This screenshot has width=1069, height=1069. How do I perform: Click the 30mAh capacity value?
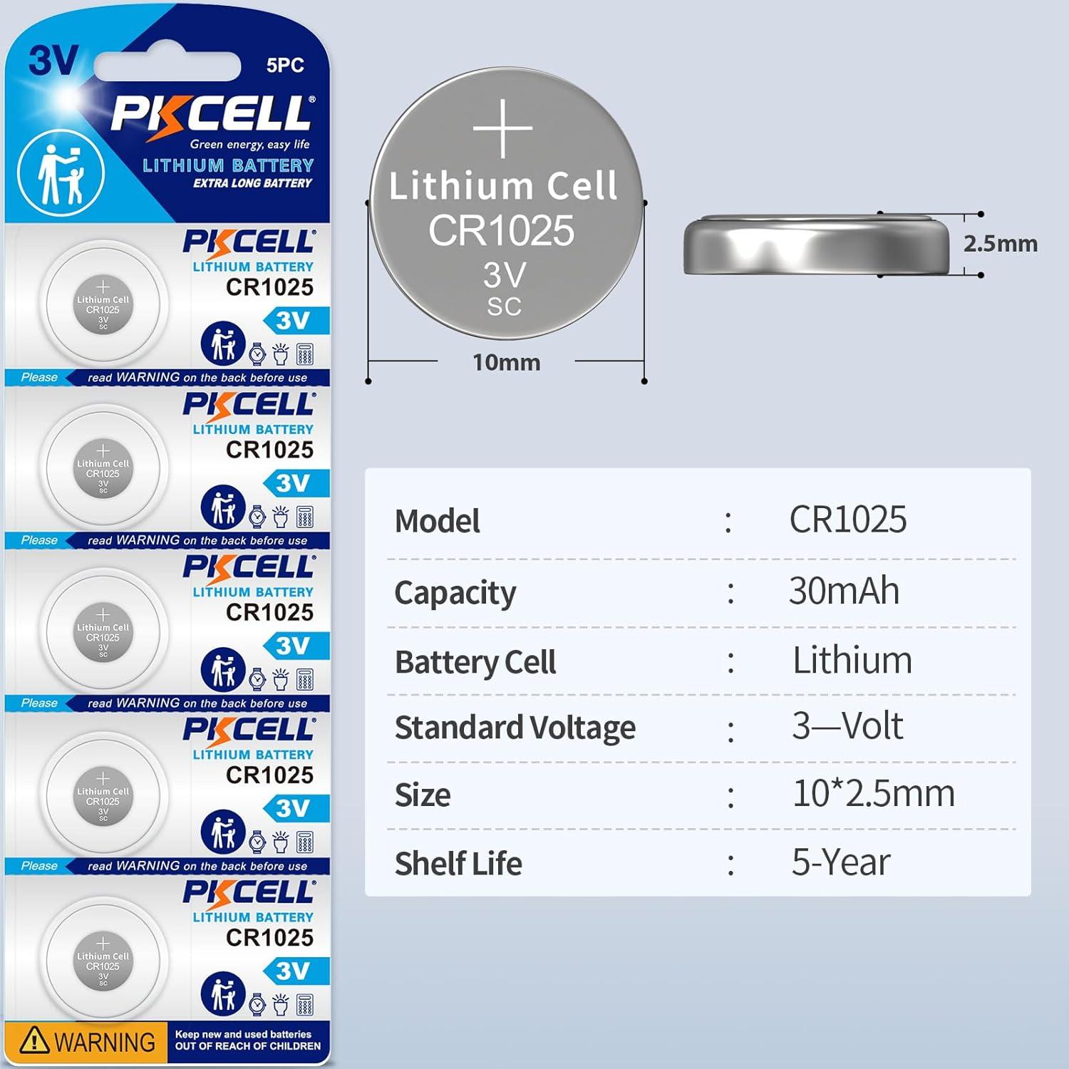pyautogui.click(x=844, y=591)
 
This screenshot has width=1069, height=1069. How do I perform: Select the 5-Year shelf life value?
pyautogui.click(x=841, y=862)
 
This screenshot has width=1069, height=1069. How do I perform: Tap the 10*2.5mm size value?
pyautogui.click(x=873, y=793)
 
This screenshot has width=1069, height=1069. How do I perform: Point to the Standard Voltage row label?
pyautogui.click(x=515, y=728)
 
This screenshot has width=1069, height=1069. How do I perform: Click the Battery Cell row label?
pyautogui.click(x=475, y=662)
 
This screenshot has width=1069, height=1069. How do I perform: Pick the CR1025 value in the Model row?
pyautogui.click(x=847, y=520)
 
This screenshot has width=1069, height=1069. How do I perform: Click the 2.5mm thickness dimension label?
pyautogui.click(x=1000, y=244)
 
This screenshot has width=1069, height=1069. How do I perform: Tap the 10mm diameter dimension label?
pyautogui.click(x=506, y=362)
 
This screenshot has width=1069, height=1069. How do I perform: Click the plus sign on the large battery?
pyautogui.click(x=503, y=128)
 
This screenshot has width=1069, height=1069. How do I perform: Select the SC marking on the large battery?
pyautogui.click(x=504, y=306)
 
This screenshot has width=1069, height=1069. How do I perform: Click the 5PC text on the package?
pyautogui.click(x=285, y=66)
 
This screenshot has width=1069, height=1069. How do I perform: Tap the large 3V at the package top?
pyautogui.click(x=53, y=61)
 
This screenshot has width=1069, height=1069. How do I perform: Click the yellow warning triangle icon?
pyautogui.click(x=34, y=1040)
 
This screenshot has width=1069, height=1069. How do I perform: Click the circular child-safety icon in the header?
pyautogui.click(x=61, y=173)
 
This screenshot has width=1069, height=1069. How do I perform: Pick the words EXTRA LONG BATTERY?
pyautogui.click(x=252, y=183)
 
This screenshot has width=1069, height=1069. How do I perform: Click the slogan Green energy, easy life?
pyautogui.click(x=249, y=145)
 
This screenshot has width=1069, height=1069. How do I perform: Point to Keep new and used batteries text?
pyautogui.click(x=243, y=1034)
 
